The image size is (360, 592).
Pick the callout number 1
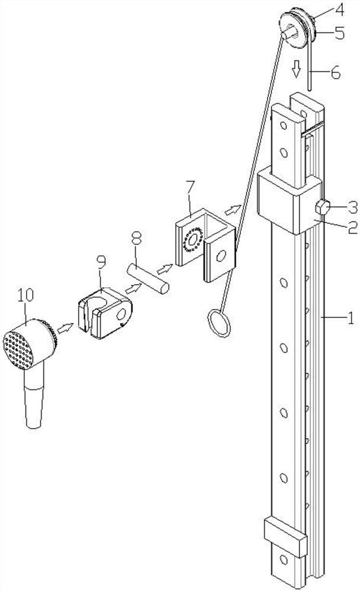(x=350, y=320)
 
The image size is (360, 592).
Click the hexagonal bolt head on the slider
(x=323, y=207)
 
